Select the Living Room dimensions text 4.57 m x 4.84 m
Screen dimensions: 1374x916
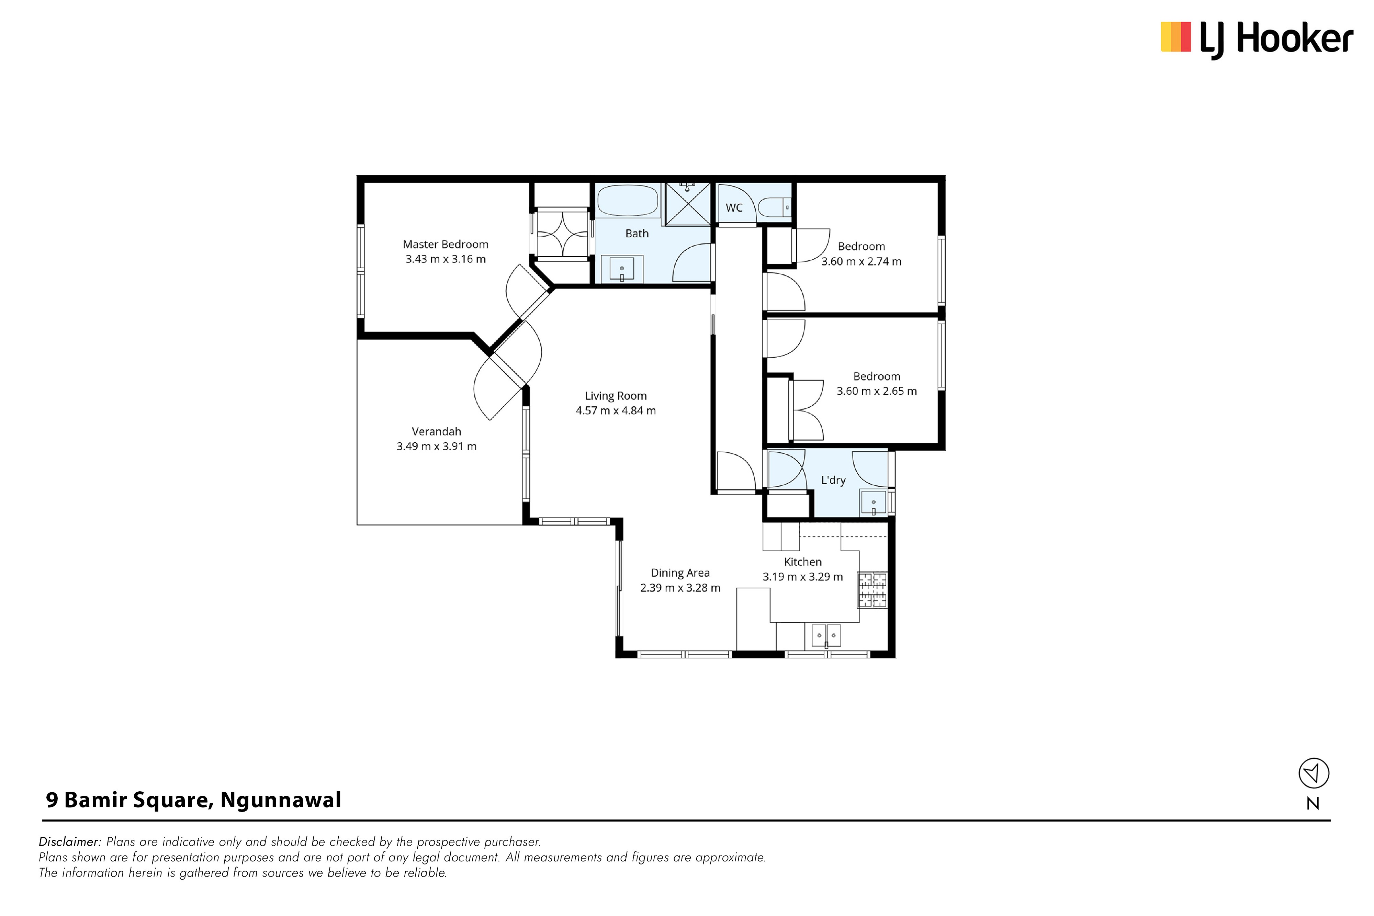[616, 411]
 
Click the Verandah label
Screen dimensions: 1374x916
[436, 432]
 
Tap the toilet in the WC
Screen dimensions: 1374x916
[774, 207]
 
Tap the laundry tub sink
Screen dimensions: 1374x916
[874, 503]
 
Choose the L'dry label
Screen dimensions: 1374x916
[833, 480]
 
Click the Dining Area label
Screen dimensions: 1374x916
[680, 573]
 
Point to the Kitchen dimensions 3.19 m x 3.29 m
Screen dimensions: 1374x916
[803, 577]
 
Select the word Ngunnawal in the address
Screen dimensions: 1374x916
[281, 800]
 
